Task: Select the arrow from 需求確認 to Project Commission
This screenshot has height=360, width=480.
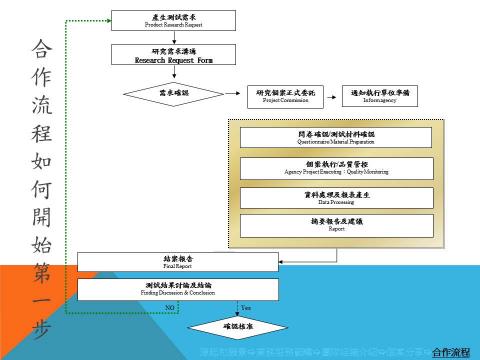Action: coord(226,94)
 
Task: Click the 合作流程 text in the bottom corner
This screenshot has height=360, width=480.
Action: coord(453,351)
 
